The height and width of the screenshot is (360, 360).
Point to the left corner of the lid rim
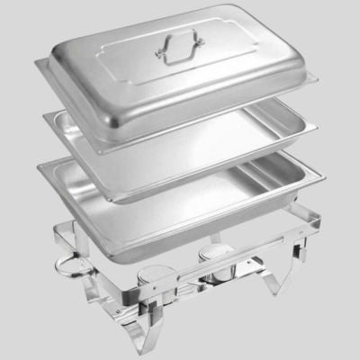(x=40, y=66)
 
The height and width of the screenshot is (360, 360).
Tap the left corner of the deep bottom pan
(x=40, y=166)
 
